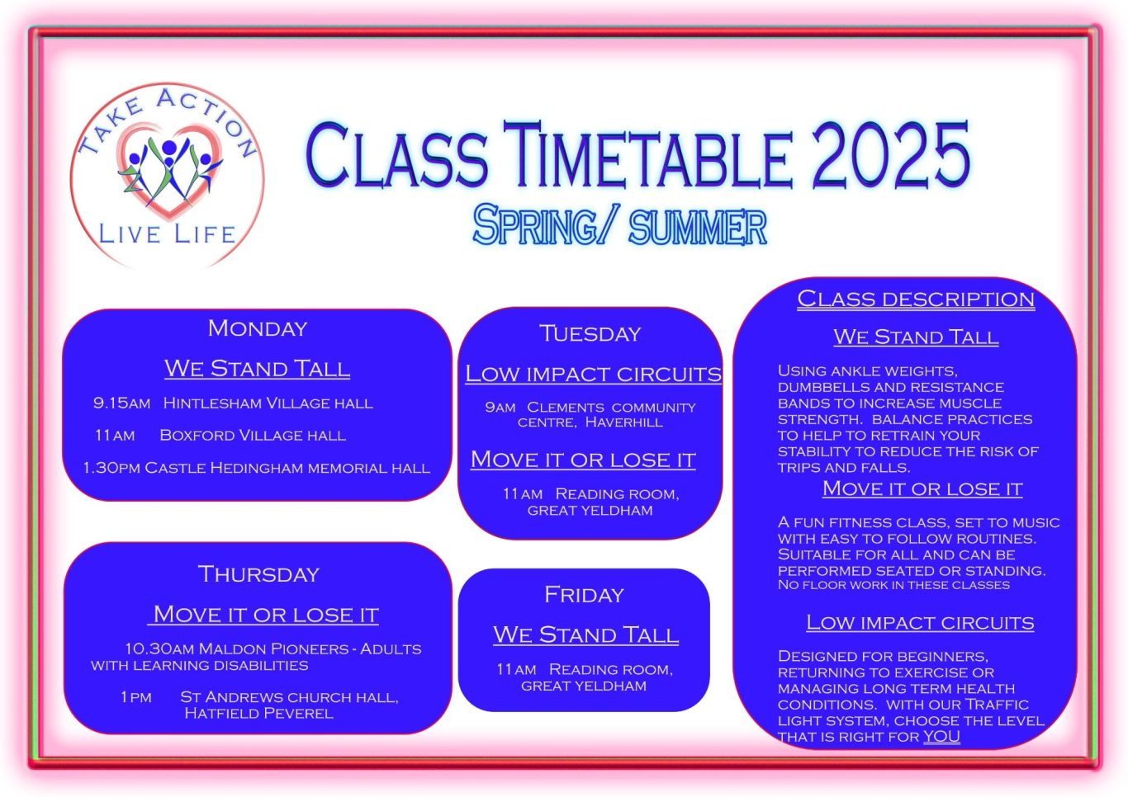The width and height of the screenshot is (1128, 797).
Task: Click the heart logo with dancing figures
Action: (x=169, y=170)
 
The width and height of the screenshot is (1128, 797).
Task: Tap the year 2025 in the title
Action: (x=891, y=155)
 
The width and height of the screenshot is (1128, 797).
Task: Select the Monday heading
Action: (x=258, y=328)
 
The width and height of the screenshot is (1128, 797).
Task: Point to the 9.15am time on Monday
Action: (x=122, y=403)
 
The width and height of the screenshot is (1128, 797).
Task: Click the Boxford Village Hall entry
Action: (x=253, y=436)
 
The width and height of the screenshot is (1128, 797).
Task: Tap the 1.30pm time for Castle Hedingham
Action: (x=111, y=468)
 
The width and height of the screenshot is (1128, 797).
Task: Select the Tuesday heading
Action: (x=590, y=333)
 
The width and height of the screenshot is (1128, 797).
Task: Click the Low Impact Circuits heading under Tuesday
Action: (x=593, y=374)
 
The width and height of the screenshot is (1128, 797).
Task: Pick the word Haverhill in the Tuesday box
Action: (x=624, y=422)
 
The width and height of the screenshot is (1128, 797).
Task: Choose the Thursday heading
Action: (x=258, y=574)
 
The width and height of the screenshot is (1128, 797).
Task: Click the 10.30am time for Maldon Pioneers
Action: (x=159, y=648)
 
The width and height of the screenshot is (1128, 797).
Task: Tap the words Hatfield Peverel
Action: (x=258, y=713)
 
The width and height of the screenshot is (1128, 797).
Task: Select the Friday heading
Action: (x=584, y=595)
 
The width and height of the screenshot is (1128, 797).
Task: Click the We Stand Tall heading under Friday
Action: (x=586, y=634)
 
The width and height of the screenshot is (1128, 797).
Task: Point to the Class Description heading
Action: (x=916, y=299)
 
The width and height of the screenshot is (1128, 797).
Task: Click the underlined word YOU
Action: (x=941, y=737)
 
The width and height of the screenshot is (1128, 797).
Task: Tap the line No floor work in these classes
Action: (x=893, y=585)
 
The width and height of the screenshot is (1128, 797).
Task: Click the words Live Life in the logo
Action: (x=167, y=234)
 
